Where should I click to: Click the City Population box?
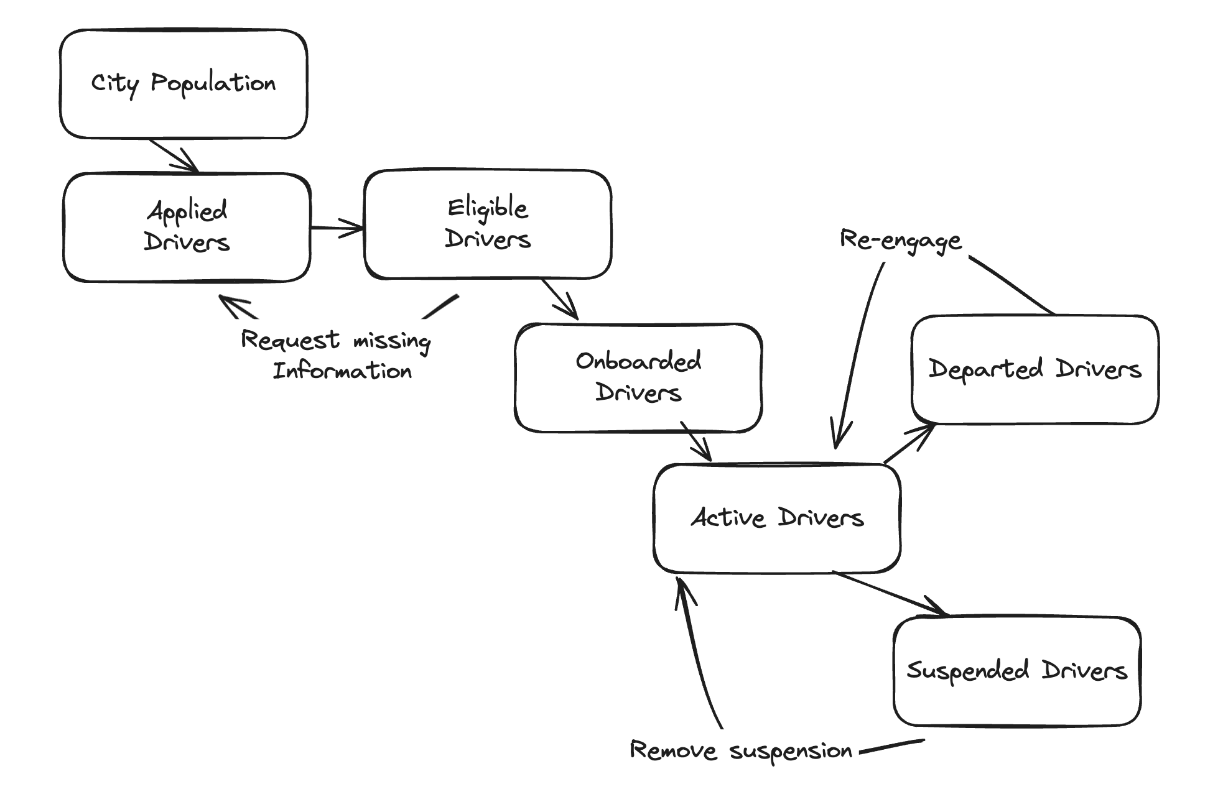pos(184,84)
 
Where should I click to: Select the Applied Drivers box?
pos(187,228)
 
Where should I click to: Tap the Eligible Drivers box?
pos(488,224)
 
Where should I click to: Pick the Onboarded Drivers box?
pos(638,377)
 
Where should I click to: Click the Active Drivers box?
pos(777,518)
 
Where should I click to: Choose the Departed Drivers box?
pos(1035,369)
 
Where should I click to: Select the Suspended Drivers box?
pos(1017,671)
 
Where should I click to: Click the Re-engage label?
pos(900,241)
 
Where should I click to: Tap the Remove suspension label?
pos(740,751)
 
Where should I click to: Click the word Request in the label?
pos(290,341)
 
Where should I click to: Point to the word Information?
pos(342,371)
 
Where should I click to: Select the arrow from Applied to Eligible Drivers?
pos(337,228)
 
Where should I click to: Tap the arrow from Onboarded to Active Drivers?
pos(696,441)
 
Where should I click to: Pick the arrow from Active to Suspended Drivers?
pos(890,594)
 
